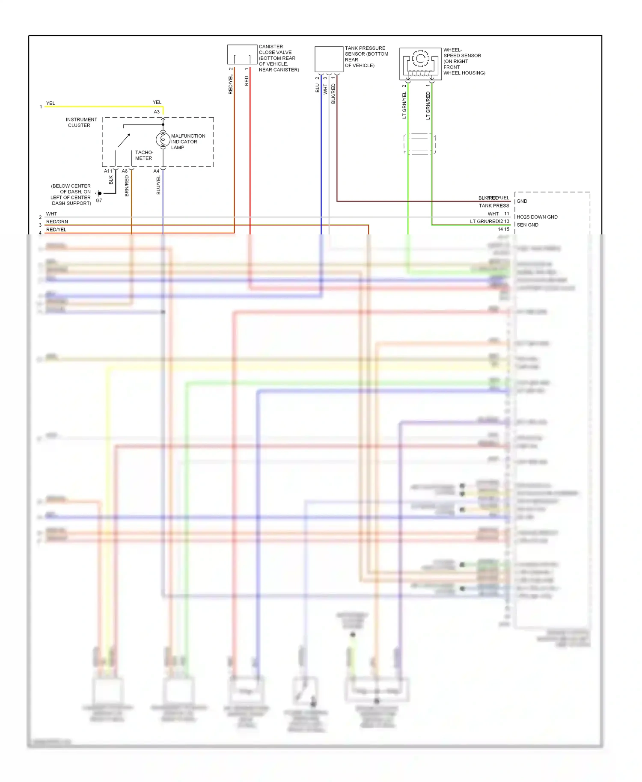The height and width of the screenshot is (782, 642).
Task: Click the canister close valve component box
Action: pyautogui.click(x=242, y=55)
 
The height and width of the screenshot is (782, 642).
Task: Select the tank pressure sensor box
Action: pyautogui.click(x=329, y=59)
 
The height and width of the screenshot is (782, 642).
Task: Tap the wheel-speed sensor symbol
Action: pyautogui.click(x=420, y=63)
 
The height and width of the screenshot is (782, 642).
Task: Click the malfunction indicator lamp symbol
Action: pyautogui.click(x=163, y=140)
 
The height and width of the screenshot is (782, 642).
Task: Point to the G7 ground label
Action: pyautogui.click(x=99, y=201)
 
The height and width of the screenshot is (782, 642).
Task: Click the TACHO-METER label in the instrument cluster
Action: pyautogui.click(x=144, y=155)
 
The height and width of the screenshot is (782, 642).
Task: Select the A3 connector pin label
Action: pyautogui.click(x=157, y=112)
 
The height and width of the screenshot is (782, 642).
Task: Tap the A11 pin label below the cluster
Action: pyautogui.click(x=108, y=171)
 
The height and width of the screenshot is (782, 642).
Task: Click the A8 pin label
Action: pyautogui.click(x=125, y=171)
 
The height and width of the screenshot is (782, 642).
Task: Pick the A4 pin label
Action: pyautogui.click(x=156, y=171)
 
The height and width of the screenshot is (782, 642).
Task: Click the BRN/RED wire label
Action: pyautogui.click(x=127, y=186)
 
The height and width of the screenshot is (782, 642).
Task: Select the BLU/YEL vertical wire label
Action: pyautogui.click(x=158, y=185)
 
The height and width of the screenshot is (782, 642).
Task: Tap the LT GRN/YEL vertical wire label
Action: pyautogui.click(x=404, y=105)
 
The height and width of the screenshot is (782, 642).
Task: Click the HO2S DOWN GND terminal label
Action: pyautogui.click(x=537, y=217)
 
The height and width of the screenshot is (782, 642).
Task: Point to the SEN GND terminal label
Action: pyautogui.click(x=527, y=225)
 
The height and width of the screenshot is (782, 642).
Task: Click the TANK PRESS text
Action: pyautogui.click(x=494, y=206)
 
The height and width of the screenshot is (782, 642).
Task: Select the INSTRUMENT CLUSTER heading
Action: pyautogui.click(x=81, y=122)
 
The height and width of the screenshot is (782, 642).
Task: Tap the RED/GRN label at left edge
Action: pyautogui.click(x=57, y=222)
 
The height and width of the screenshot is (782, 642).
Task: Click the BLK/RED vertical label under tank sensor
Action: pyautogui.click(x=333, y=94)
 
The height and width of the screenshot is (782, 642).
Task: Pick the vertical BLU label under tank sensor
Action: pyautogui.click(x=318, y=88)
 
